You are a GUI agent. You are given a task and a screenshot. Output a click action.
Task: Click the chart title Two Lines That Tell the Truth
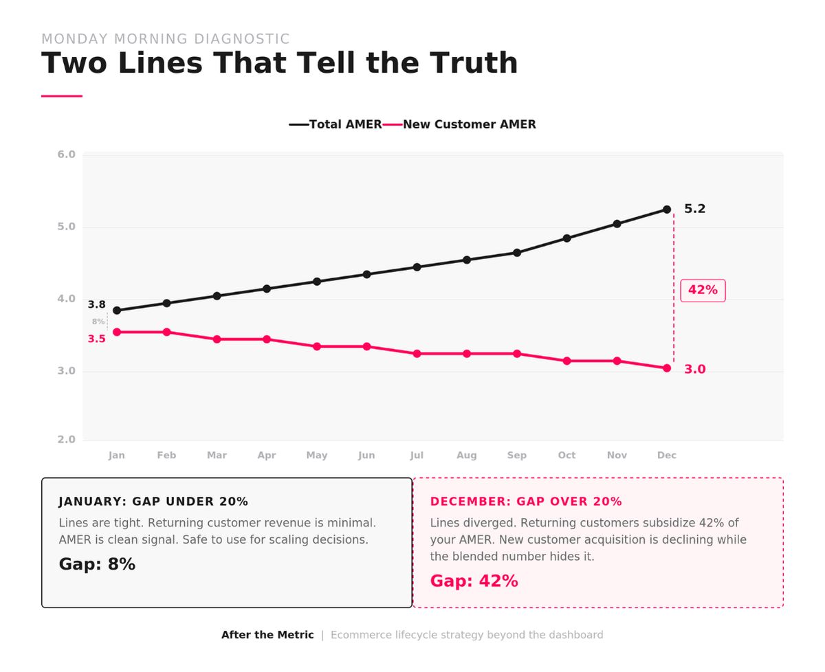(x=279, y=63)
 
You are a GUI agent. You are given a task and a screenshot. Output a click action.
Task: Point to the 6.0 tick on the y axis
(x=67, y=155)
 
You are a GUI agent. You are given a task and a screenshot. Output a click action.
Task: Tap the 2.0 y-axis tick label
(x=67, y=440)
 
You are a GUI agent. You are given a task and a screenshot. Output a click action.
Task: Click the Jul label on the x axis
(x=417, y=456)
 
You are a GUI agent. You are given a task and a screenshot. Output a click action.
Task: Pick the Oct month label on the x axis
(x=566, y=456)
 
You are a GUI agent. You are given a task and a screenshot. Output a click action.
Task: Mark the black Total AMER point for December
(x=667, y=210)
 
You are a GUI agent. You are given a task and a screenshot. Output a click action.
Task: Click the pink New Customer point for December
(x=667, y=368)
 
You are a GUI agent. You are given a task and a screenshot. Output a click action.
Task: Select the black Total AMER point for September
(x=517, y=253)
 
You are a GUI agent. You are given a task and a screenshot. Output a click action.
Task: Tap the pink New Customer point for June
(x=367, y=346)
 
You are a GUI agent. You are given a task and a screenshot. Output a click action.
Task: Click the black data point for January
(x=117, y=311)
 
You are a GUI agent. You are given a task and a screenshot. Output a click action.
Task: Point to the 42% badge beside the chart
(x=703, y=290)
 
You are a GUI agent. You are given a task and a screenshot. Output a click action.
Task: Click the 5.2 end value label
(x=694, y=209)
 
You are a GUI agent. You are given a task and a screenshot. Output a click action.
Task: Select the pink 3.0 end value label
(x=694, y=370)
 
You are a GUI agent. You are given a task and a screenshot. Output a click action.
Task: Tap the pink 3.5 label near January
(x=96, y=339)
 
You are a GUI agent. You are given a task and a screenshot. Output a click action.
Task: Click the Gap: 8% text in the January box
(x=97, y=564)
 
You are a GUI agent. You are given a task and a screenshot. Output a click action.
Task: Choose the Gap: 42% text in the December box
(x=474, y=581)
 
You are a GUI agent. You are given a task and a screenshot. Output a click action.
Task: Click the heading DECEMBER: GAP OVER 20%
(x=526, y=502)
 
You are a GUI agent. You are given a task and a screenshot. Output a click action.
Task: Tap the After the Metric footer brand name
(x=267, y=635)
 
